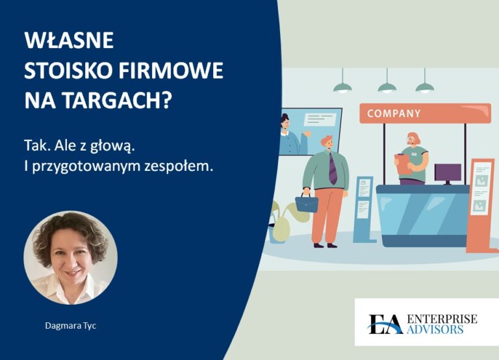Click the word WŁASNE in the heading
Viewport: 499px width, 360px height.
tap(69, 40)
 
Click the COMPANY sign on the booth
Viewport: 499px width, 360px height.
tap(394, 113)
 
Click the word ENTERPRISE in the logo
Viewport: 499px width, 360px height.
tap(441, 318)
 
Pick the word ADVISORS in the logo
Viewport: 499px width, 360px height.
tap(436, 329)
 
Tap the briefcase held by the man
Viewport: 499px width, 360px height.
tap(307, 203)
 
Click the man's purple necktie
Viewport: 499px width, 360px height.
tap(332, 170)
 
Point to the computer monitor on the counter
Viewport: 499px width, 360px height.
tap(448, 173)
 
